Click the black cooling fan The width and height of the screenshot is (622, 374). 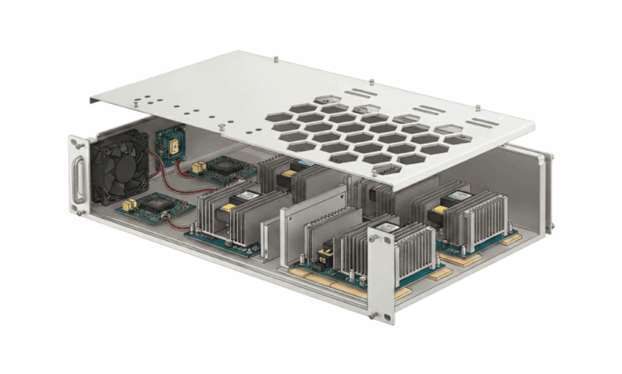[x=121, y=167]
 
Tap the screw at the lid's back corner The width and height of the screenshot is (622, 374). [x=278, y=58]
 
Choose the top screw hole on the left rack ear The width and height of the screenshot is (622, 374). [x=76, y=144]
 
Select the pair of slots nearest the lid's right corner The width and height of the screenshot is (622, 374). [x=482, y=123]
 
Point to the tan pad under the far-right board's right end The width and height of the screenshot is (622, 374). [x=511, y=240]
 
